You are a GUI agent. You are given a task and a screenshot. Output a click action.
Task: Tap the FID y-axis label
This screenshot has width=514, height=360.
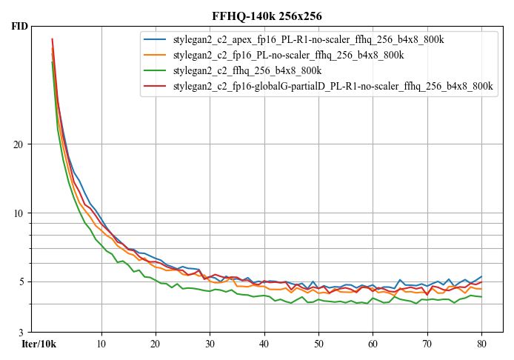click(20, 27)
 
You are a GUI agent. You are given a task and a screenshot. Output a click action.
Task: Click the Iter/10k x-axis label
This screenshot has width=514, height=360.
click(39, 344)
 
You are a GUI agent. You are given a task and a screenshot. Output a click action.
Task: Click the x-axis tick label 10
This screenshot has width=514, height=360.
click(101, 344)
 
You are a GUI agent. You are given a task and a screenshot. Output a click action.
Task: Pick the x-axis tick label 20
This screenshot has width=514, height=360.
click(156, 344)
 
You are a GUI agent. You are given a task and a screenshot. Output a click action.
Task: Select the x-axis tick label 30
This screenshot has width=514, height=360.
click(210, 344)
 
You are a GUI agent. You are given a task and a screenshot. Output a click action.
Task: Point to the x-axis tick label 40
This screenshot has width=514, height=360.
click(264, 344)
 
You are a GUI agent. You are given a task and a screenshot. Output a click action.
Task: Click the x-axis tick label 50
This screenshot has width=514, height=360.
click(318, 344)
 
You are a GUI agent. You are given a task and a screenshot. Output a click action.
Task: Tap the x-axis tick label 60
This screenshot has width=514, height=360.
click(373, 344)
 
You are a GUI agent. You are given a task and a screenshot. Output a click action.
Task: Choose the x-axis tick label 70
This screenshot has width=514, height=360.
click(427, 344)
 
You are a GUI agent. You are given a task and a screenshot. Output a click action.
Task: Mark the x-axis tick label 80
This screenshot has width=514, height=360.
click(481, 344)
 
